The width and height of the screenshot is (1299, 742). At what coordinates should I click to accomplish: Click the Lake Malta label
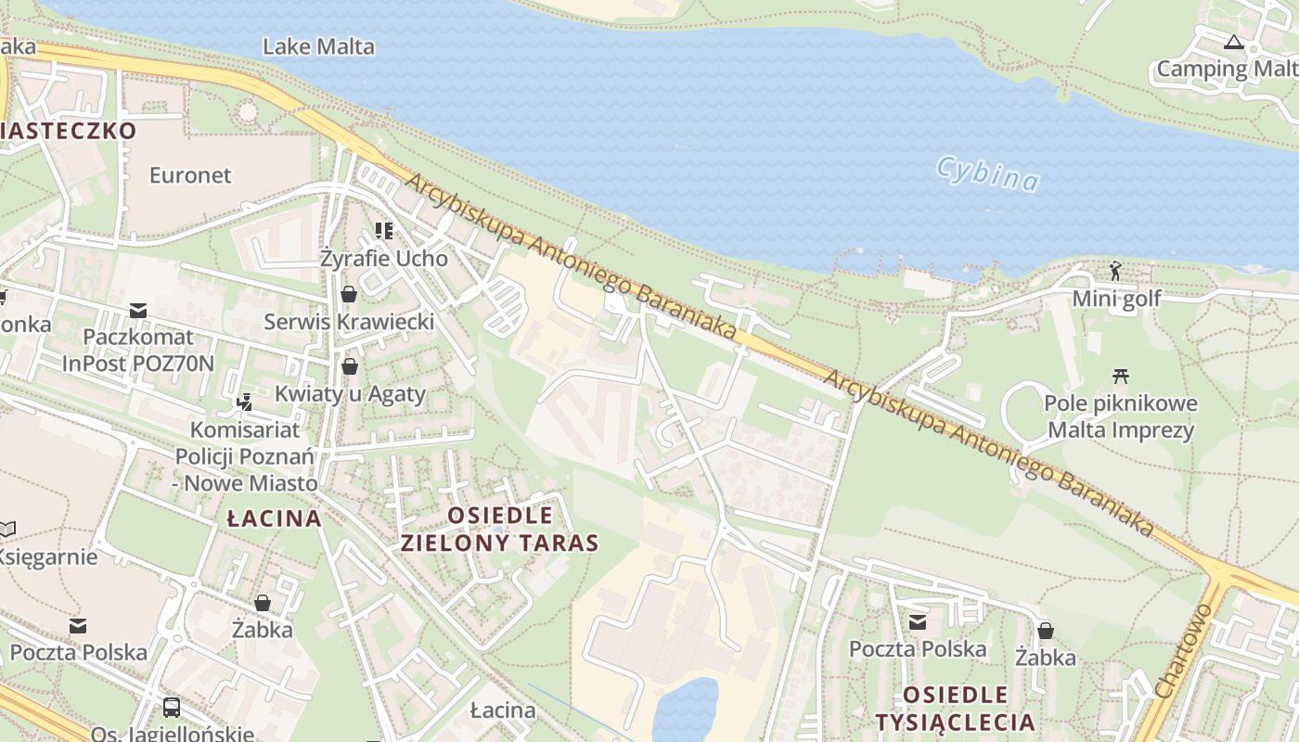(318, 46)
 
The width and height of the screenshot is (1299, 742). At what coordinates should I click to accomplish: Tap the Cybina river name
(987, 173)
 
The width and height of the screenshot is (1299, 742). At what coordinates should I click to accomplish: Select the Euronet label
(190, 174)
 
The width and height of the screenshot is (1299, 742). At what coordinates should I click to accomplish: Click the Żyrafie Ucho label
(384, 258)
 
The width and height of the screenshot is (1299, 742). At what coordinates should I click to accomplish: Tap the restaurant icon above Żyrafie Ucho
(383, 230)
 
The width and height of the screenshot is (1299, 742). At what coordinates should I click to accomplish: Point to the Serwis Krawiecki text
(349, 322)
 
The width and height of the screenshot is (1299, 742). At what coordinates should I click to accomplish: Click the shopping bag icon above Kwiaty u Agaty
(350, 366)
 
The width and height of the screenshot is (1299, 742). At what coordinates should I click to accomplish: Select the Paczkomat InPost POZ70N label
(138, 350)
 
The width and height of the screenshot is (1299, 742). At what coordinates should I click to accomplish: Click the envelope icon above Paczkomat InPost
(138, 310)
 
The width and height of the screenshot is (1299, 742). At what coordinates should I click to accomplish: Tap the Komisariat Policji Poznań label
(246, 456)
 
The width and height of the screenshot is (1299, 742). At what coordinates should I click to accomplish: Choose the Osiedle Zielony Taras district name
(500, 529)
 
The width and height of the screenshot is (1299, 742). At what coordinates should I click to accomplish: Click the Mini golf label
(1116, 299)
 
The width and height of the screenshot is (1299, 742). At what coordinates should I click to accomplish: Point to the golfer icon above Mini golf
(1115, 271)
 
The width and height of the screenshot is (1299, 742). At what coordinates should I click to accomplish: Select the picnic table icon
(1121, 376)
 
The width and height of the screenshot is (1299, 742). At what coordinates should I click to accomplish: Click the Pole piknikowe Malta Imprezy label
(1121, 416)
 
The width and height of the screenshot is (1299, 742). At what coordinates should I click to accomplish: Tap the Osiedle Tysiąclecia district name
(956, 708)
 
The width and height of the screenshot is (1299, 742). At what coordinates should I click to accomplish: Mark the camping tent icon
(1233, 42)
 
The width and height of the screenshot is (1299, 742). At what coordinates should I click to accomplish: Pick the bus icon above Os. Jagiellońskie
(172, 708)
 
